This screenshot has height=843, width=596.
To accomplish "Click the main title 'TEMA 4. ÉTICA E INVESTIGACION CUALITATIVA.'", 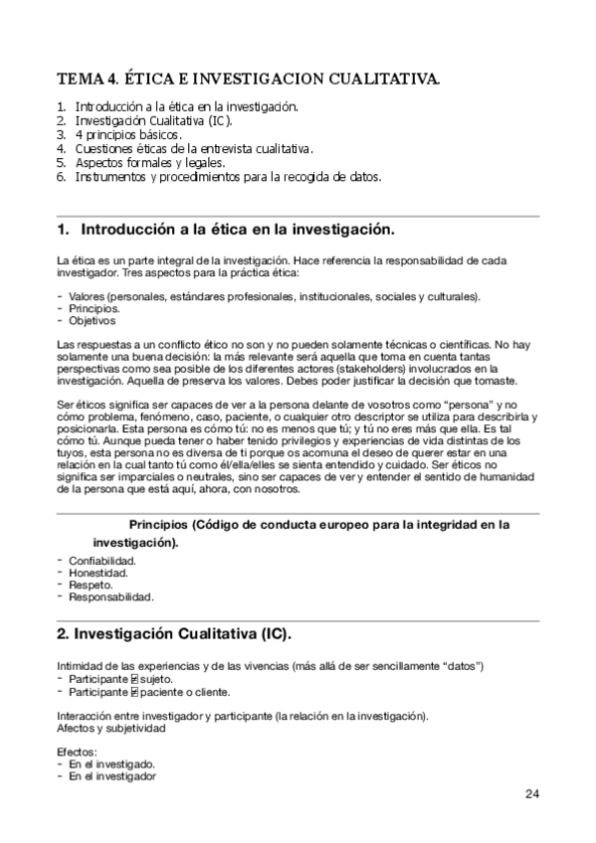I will click(x=249, y=78).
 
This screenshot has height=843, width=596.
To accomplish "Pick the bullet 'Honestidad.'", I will click(x=99, y=573).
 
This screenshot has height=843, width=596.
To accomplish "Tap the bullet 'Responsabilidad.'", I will click(x=111, y=597).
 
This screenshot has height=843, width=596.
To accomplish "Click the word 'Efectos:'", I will click(x=77, y=753).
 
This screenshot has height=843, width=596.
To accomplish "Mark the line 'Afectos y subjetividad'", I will click(x=109, y=728).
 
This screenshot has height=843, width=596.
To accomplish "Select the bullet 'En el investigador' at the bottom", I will click(x=111, y=775).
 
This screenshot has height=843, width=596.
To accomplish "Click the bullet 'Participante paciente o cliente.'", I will click(x=149, y=691).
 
